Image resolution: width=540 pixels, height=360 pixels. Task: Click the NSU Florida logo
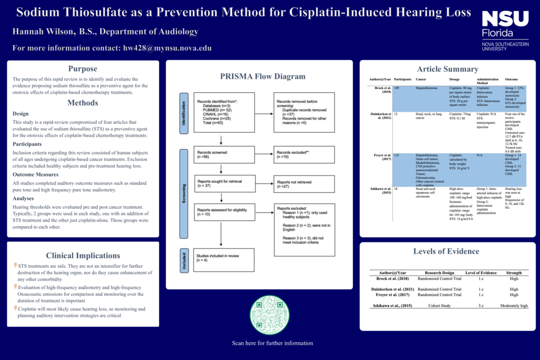click(505, 30)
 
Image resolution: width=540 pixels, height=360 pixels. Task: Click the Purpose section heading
click(83, 69)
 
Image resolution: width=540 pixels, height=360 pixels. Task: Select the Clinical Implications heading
click(83, 255)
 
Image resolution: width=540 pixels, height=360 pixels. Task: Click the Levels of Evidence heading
click(446, 251)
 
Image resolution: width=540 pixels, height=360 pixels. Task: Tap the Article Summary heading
click(447, 69)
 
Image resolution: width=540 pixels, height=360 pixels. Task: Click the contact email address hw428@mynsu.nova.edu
click(168, 48)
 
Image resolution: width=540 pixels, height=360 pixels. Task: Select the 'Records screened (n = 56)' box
click(221, 155)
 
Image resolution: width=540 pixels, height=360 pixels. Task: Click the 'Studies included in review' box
click(221, 258)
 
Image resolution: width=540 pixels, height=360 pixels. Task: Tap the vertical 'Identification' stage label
click(183, 113)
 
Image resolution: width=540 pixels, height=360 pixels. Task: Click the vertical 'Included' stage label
click(183, 260)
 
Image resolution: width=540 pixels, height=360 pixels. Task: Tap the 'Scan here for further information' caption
click(272, 343)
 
